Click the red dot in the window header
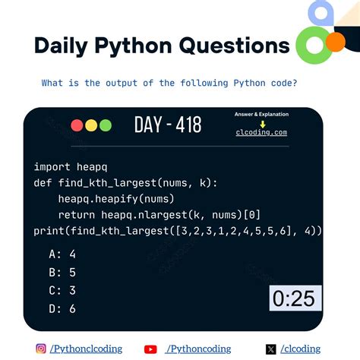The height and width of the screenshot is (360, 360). (77, 126)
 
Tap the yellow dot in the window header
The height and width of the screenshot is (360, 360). (91, 126)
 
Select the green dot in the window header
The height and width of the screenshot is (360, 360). (105, 126)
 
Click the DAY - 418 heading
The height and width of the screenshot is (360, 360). (168, 125)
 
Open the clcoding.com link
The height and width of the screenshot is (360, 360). (261, 132)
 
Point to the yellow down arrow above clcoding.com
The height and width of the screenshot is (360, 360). (262, 124)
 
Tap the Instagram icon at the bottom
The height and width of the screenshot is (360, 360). (41, 349)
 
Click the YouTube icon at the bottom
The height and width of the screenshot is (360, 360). (150, 349)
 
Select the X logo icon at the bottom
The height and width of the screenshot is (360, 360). (271, 349)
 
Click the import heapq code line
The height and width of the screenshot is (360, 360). (62, 166)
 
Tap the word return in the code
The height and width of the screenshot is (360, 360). (77, 214)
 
